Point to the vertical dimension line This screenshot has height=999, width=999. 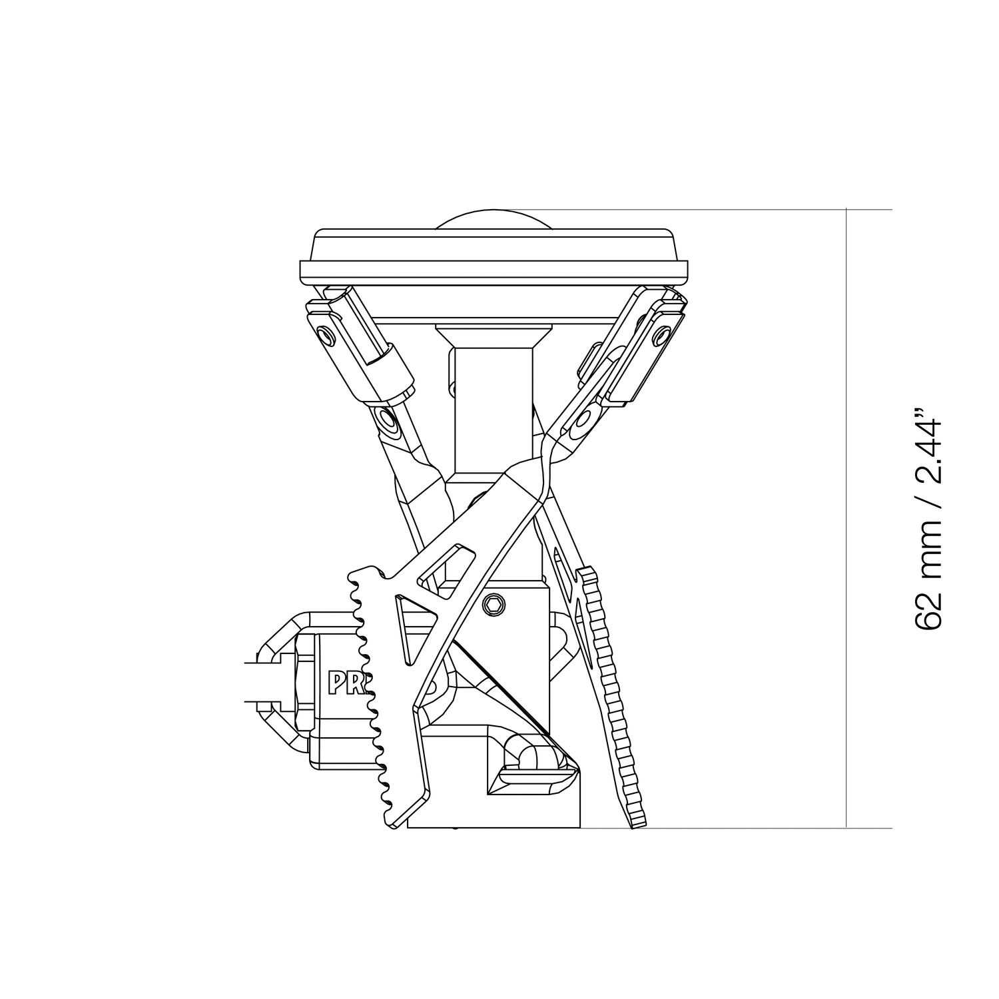click(846, 519)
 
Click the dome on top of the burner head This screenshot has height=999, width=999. click(494, 220)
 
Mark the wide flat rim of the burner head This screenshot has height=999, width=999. click(494, 271)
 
